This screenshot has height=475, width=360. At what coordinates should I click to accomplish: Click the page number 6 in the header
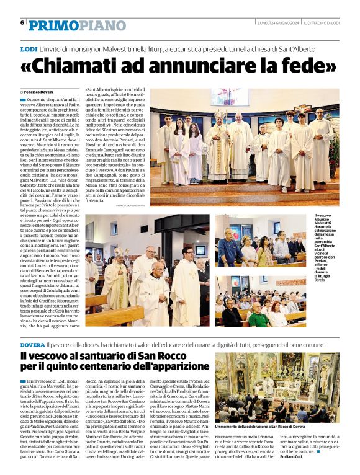[22, 23]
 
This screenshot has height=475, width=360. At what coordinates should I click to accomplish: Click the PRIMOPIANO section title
[77, 25]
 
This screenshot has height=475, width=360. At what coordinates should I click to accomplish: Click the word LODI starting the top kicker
[29, 48]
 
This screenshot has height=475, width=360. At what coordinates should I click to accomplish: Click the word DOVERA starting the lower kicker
[32, 344]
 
